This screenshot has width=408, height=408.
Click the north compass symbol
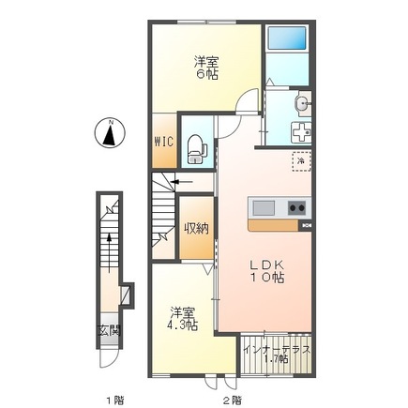(x=110, y=133)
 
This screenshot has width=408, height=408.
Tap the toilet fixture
(x=196, y=149)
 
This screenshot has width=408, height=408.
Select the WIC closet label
(x=163, y=142)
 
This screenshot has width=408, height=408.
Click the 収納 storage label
(x=196, y=229)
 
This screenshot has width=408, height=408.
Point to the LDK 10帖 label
(x=267, y=271)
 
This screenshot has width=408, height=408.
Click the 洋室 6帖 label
(x=205, y=68)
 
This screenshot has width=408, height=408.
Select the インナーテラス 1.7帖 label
(x=277, y=355)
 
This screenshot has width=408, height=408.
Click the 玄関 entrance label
(x=109, y=330)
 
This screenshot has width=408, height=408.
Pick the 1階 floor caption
(x=113, y=400)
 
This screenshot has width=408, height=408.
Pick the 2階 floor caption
(x=232, y=400)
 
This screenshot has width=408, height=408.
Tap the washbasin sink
(x=302, y=103)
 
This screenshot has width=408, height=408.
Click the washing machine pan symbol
(x=301, y=133)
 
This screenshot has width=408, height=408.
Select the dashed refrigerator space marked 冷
(x=301, y=161)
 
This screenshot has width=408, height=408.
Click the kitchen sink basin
(x=264, y=208)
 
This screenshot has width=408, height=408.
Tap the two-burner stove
(x=296, y=207)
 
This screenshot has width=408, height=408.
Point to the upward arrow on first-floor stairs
(x=109, y=253)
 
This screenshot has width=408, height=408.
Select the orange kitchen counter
(x=274, y=225)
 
